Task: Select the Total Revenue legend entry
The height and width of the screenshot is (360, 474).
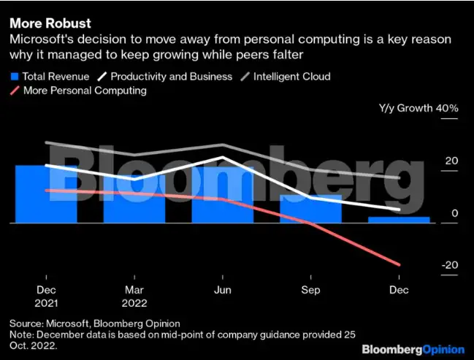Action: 49,76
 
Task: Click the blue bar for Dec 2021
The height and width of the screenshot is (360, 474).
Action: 46,194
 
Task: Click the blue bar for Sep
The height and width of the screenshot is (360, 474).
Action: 311,209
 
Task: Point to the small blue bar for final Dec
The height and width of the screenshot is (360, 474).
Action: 399,219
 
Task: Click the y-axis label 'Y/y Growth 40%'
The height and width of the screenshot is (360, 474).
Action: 418,108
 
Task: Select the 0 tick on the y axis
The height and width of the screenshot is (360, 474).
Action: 454,213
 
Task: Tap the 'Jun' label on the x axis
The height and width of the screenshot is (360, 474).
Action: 222,288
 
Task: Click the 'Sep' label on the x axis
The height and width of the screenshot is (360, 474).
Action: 311,288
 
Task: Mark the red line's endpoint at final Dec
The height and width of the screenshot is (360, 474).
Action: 400,264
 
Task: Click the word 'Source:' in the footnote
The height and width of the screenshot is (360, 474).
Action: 26,323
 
